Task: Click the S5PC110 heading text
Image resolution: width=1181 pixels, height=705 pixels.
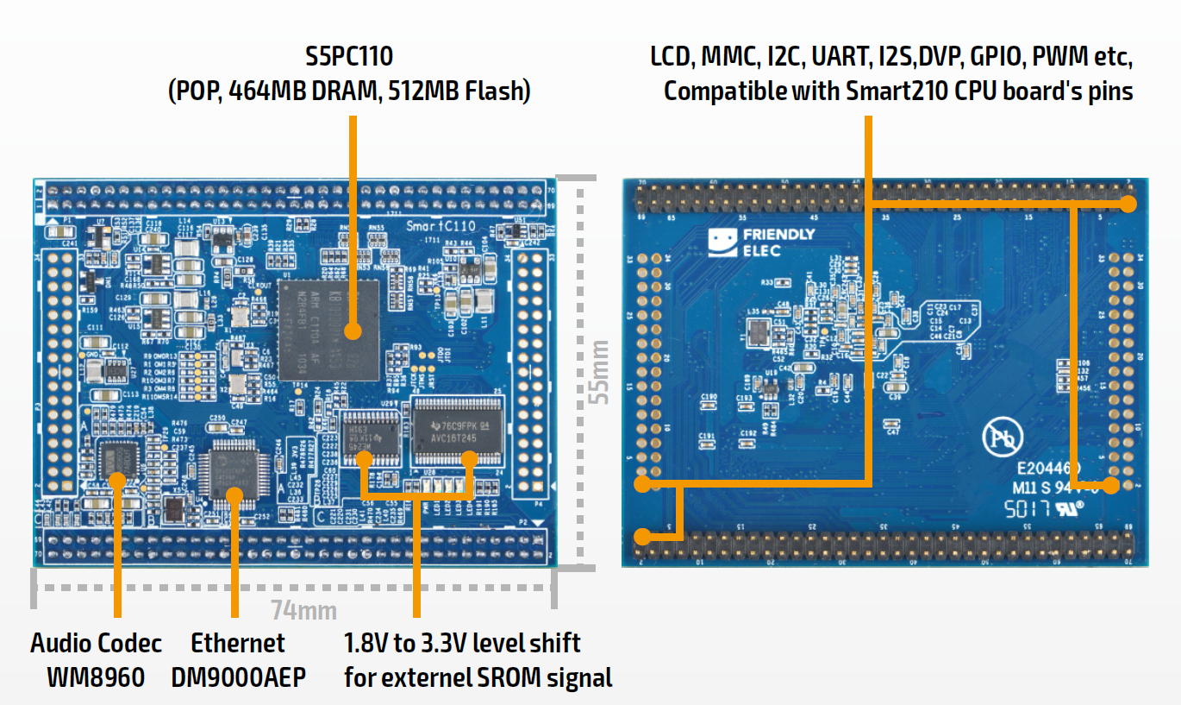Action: point(349,57)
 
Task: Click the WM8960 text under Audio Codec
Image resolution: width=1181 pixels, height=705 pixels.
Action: point(96,677)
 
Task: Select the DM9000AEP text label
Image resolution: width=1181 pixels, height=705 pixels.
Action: point(238,677)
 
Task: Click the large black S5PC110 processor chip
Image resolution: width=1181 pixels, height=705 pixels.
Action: point(330,329)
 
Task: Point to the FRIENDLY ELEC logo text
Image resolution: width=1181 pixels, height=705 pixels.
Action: point(778,242)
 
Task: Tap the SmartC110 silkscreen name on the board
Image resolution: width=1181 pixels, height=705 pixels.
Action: point(440,226)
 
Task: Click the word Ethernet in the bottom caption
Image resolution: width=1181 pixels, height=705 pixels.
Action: point(237,643)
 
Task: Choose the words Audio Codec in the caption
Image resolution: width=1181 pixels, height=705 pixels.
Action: point(96,643)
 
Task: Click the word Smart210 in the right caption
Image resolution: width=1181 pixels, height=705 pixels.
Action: point(904,91)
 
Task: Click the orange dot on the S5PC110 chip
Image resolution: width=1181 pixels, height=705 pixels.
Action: point(352,330)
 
